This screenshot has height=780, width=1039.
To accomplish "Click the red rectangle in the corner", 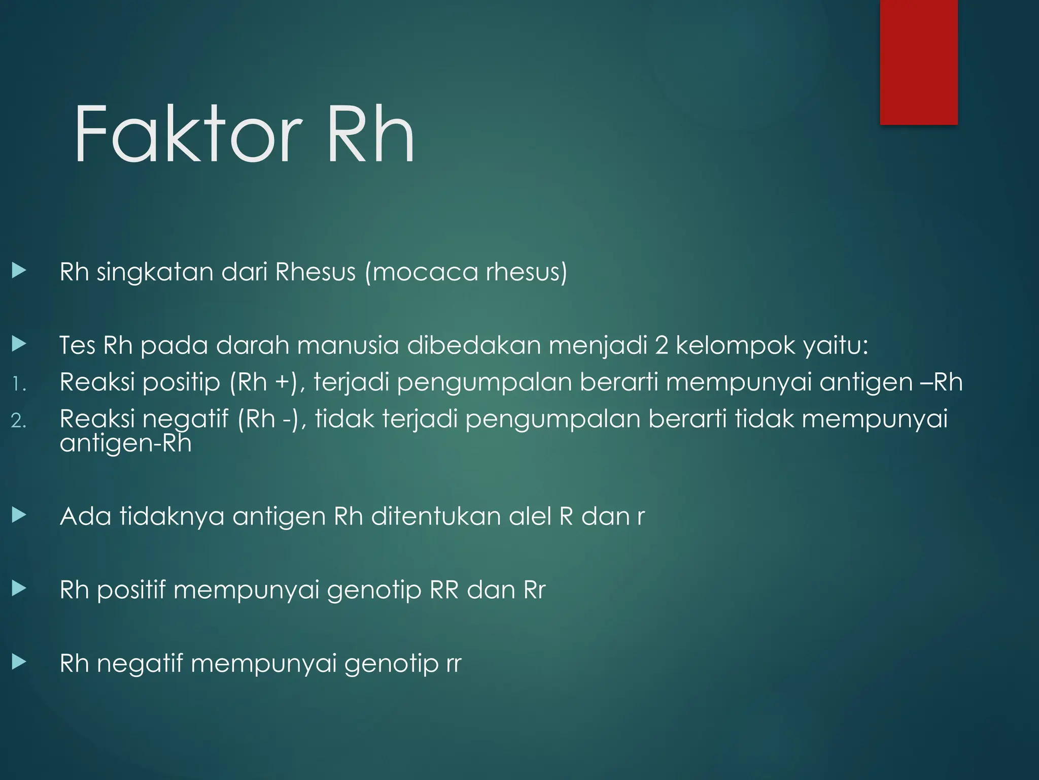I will (918, 62).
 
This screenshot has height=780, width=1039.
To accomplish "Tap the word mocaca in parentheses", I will (424, 272).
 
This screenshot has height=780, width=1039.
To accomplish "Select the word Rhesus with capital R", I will (315, 272).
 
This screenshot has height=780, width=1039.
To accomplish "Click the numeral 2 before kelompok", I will (661, 346).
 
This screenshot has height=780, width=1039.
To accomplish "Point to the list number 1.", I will (18, 384).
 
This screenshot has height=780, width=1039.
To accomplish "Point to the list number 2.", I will (18, 421).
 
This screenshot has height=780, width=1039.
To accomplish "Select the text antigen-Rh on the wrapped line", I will (125, 443).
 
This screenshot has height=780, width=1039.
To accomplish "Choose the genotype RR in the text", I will (444, 590).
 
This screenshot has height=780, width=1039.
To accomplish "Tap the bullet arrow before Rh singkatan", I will (19, 270).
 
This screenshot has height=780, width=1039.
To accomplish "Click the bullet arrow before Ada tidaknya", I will (19, 515).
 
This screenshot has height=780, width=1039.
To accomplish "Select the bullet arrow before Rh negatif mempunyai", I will (19, 662).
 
